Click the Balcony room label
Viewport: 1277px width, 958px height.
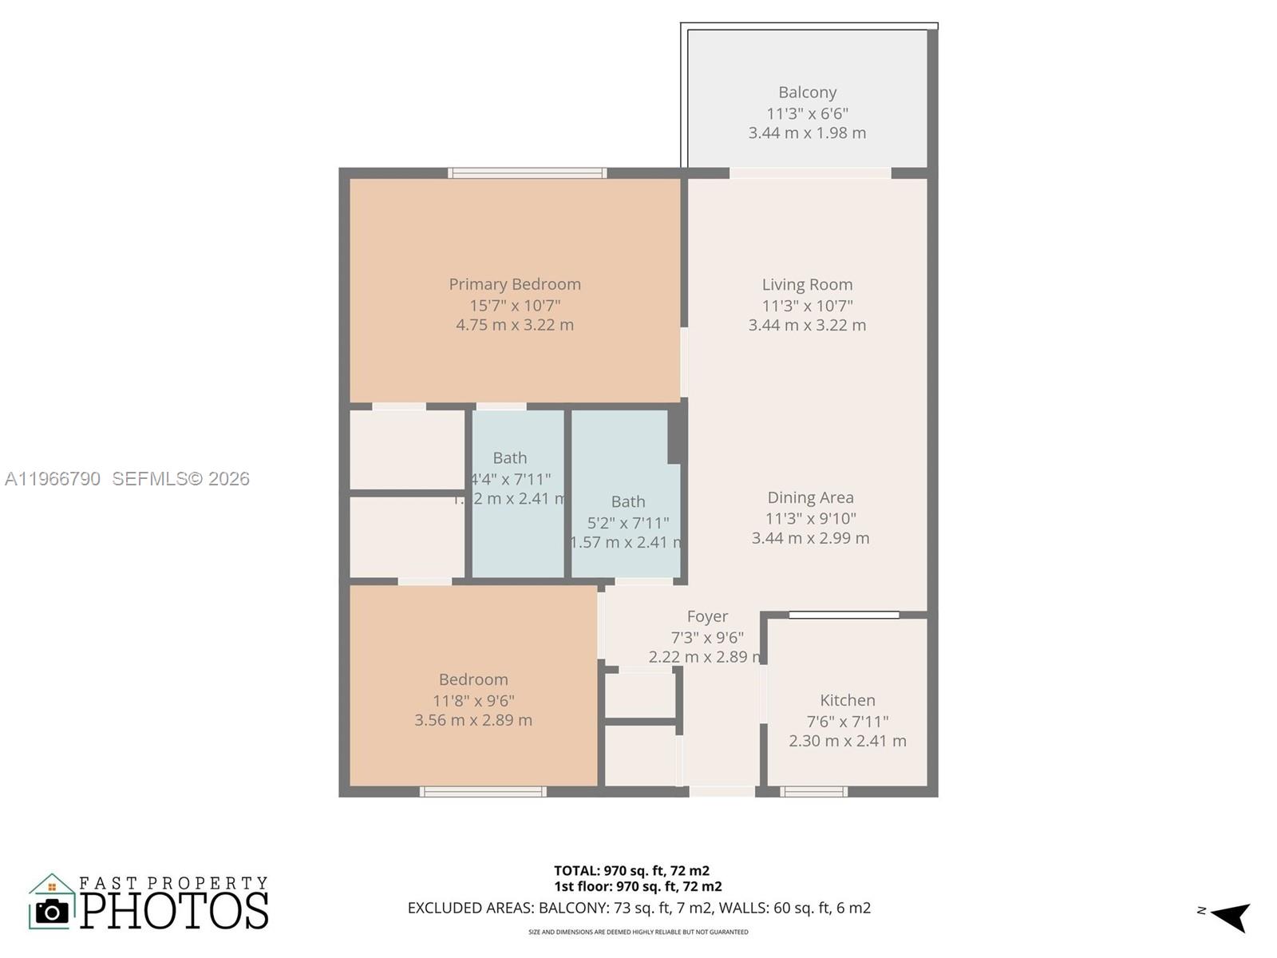[x=807, y=93]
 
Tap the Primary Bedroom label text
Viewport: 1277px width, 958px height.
[x=514, y=284]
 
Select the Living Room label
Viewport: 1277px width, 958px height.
[x=807, y=285]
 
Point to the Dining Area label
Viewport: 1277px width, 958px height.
[x=810, y=498]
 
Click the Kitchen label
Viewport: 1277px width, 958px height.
[x=847, y=700]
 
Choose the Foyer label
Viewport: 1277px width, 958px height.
[x=707, y=616]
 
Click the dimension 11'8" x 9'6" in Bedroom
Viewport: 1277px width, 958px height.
[x=473, y=701]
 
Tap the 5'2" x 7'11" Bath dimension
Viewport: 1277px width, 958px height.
[x=628, y=523]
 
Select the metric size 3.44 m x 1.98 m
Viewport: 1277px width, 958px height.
[x=807, y=133]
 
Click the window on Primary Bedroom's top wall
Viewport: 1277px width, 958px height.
[x=527, y=172]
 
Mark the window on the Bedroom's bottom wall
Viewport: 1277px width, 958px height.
[x=483, y=792]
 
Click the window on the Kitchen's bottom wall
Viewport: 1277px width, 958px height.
[x=813, y=792]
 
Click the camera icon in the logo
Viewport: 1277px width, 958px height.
[x=53, y=911]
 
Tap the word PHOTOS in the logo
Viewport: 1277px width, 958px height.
[x=174, y=911]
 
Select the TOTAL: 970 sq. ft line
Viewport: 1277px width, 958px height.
[x=631, y=871]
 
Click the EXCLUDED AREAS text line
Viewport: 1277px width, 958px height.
[x=638, y=908]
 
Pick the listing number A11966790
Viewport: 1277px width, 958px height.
[x=53, y=479]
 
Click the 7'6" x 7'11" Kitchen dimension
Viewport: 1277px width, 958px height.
[x=847, y=722]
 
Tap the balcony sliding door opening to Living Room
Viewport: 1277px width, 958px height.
[x=810, y=172]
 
